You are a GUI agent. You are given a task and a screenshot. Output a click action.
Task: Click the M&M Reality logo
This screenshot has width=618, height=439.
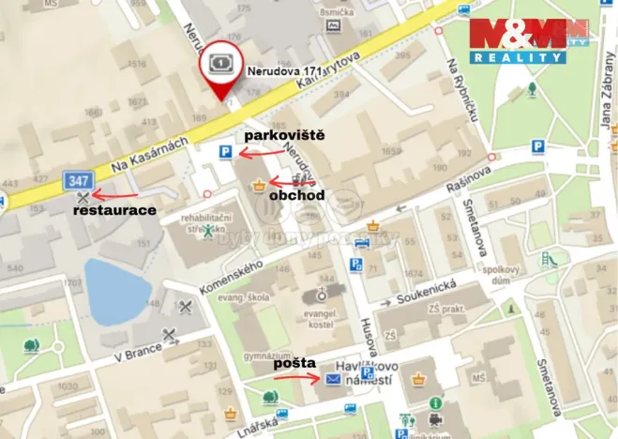point(529,40)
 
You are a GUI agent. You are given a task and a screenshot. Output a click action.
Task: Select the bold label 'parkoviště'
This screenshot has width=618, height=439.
point(284,136)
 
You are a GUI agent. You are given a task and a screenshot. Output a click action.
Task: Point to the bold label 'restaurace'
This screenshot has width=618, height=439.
point(114,211)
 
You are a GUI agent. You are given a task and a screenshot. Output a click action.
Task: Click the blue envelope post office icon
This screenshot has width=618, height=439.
point(333,379)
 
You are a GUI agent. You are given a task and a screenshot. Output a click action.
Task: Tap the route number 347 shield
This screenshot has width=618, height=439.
point(79,178)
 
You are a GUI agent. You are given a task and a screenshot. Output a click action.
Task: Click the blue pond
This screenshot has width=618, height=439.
point(118,289)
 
